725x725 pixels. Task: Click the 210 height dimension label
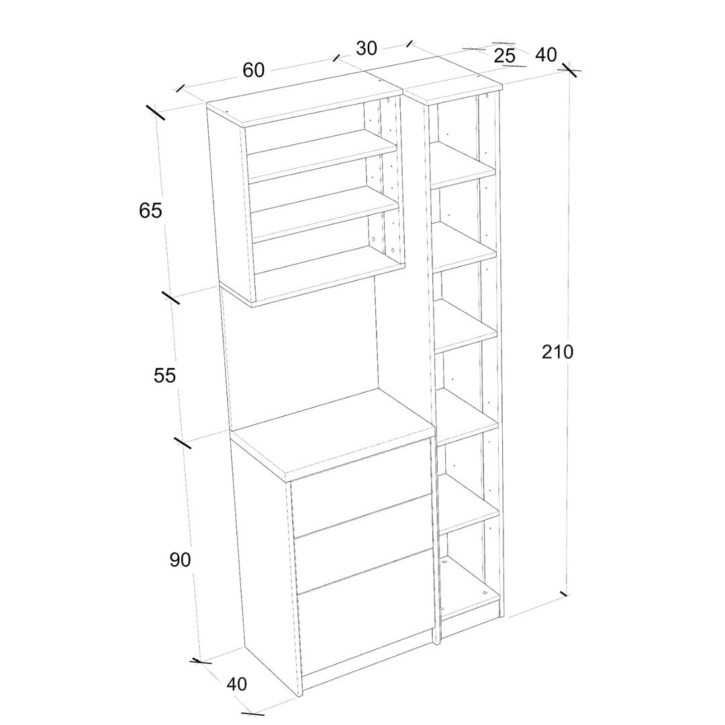click(x=557, y=352)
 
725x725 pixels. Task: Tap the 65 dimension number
click(x=150, y=211)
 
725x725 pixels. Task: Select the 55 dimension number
click(x=164, y=375)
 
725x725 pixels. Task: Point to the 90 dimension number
click(x=180, y=560)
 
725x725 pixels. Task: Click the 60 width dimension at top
click(x=253, y=70)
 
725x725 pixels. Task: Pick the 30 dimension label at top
click(x=367, y=48)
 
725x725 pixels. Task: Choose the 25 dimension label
click(x=504, y=56)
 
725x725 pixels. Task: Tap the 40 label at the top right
click(x=546, y=54)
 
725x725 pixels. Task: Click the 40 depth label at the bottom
click(x=237, y=684)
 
